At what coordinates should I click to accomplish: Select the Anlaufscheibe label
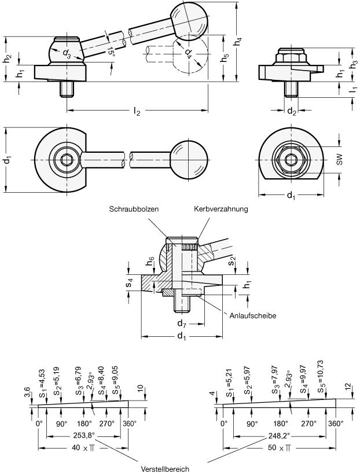(249, 316)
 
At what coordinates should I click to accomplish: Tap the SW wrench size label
(340, 160)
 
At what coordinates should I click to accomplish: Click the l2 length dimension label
(137, 112)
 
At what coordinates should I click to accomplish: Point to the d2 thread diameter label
(292, 111)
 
